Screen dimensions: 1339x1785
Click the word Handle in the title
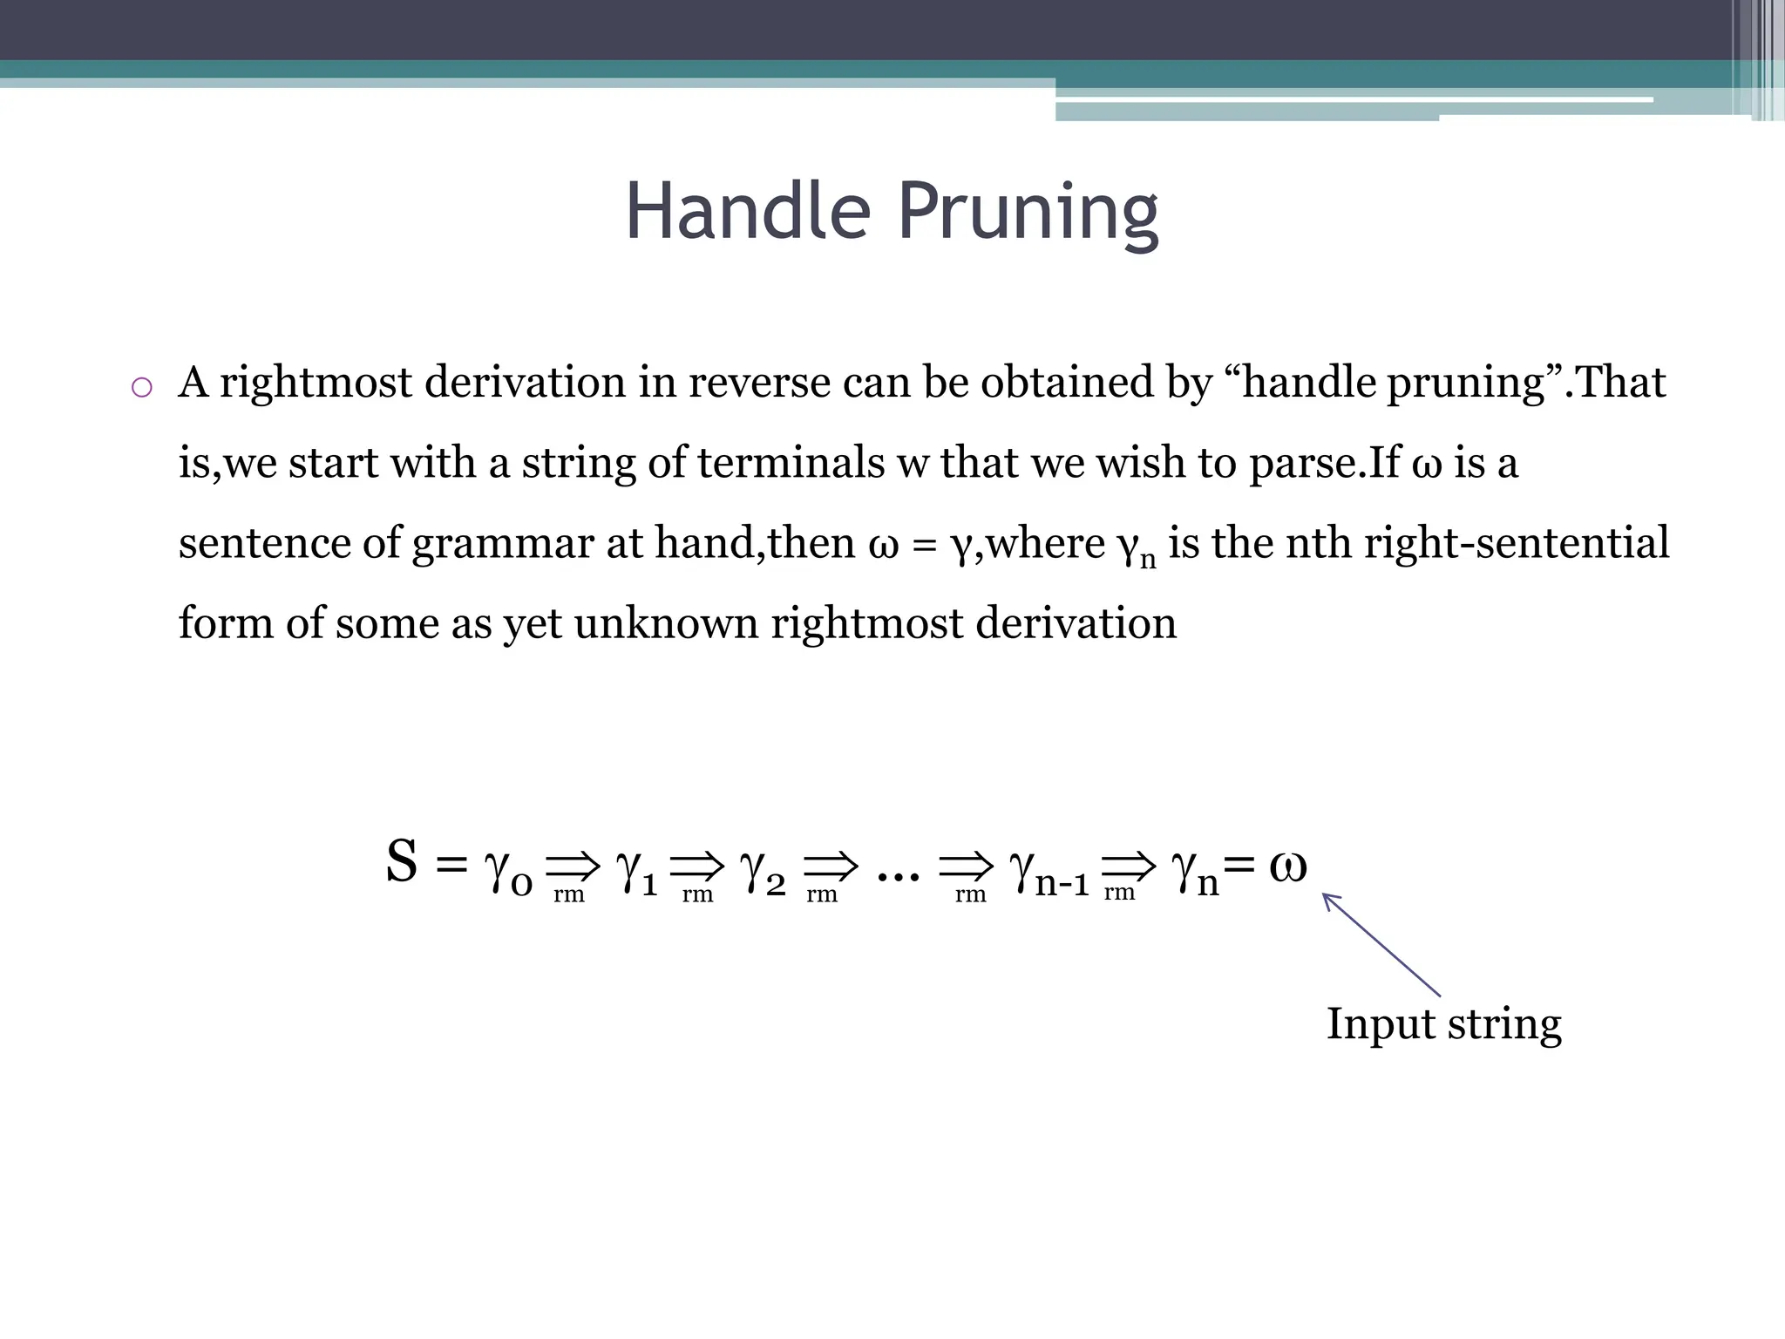point(748,211)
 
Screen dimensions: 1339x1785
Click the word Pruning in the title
point(1028,213)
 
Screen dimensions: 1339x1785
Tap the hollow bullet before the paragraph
point(141,387)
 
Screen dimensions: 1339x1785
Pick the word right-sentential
point(1517,542)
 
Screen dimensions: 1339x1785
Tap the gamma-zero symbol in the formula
point(508,870)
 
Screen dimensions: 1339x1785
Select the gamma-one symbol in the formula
point(636,870)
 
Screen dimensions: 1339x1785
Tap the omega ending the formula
point(1287,865)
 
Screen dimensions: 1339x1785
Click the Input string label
point(1443,1024)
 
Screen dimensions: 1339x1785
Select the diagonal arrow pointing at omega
point(1381,945)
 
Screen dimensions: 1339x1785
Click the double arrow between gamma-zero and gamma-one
point(573,866)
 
